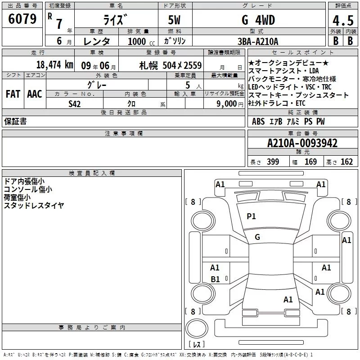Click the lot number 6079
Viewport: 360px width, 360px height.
click(x=22, y=20)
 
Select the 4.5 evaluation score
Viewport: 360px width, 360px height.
click(x=342, y=21)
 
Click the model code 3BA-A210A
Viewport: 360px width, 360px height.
click(x=258, y=41)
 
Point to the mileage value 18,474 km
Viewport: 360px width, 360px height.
click(x=54, y=64)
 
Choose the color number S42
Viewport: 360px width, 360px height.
click(x=75, y=103)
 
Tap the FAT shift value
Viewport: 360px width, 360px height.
click(x=13, y=94)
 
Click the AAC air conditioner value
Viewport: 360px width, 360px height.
click(x=35, y=94)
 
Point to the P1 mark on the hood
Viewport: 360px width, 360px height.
click(x=251, y=216)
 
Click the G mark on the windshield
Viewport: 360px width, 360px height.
click(x=257, y=237)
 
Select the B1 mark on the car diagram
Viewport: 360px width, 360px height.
click(x=215, y=279)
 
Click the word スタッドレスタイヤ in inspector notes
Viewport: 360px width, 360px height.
click(x=34, y=205)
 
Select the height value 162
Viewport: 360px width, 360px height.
click(x=346, y=162)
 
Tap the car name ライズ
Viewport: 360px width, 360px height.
click(x=114, y=20)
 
